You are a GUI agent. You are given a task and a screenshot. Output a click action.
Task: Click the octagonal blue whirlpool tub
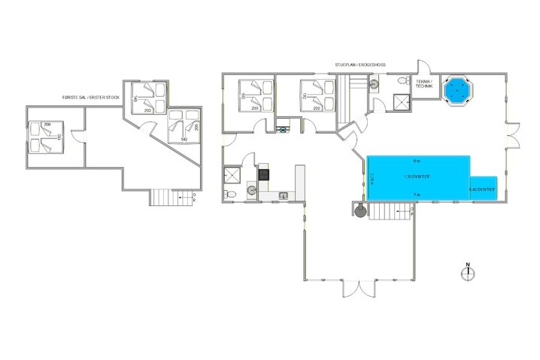[x=457, y=90]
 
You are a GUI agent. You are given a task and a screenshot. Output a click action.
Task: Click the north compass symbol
[x=468, y=271]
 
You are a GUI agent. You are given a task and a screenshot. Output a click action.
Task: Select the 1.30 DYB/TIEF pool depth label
[x=417, y=177]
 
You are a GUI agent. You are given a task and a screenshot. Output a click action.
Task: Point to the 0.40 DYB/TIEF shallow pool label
[x=483, y=190]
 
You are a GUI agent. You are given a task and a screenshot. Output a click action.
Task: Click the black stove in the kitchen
[x=264, y=174]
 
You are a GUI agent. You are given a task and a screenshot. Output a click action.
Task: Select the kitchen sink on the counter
[x=283, y=197]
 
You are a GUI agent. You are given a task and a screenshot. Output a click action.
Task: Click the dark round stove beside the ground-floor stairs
[x=362, y=211]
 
